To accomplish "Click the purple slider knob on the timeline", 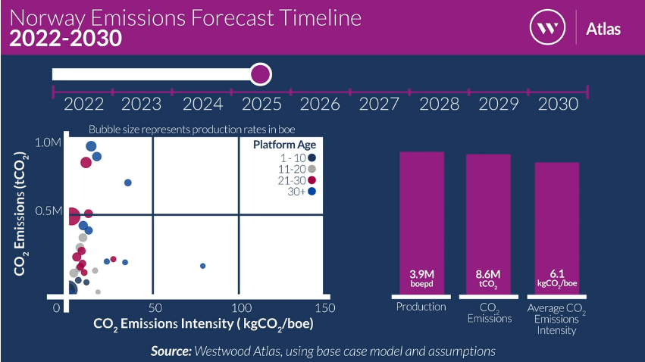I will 260,74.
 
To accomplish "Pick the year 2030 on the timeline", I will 558,104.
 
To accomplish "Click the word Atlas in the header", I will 603,29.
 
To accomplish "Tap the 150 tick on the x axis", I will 324,308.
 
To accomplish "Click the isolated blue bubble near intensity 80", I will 203,266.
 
